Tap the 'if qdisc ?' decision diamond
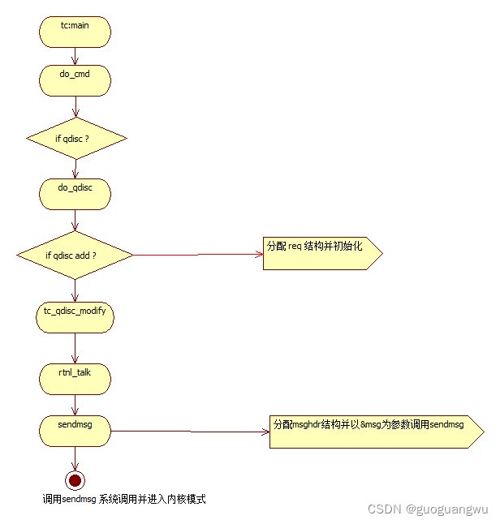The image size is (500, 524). (x=76, y=139)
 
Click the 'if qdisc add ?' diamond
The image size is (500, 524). (x=74, y=255)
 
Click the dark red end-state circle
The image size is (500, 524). (x=75, y=480)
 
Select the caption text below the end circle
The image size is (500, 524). (x=123, y=500)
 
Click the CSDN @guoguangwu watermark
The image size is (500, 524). (x=428, y=509)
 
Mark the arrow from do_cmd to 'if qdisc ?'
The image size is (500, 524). (x=75, y=105)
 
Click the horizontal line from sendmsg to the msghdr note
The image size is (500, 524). (x=191, y=432)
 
